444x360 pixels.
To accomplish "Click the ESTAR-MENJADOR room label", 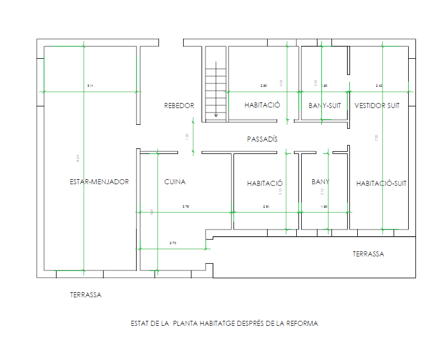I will [99, 182].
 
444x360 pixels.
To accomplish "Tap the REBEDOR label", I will [179, 105].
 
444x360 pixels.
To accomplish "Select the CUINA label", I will [175, 182].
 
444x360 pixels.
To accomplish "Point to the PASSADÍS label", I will [262, 139].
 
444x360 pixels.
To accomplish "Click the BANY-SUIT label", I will [325, 105].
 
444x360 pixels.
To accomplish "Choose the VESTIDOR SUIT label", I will [377, 105].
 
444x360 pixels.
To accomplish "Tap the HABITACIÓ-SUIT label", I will [381, 183].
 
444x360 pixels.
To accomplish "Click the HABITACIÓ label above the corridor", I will [262, 105].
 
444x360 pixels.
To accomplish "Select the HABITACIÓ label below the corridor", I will [265, 183].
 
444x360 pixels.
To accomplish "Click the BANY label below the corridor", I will [320, 181].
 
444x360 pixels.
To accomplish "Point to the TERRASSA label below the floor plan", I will [86, 294].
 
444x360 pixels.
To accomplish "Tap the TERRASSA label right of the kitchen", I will [368, 254].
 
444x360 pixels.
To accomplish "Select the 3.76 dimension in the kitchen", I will [186, 207].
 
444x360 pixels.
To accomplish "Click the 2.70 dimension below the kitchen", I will [173, 243].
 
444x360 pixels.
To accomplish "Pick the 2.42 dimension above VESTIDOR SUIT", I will [379, 86].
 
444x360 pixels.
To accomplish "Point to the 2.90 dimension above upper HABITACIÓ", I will [264, 86].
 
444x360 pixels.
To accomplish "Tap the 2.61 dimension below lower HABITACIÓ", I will [267, 207].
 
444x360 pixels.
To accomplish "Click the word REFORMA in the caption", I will [303, 324].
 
